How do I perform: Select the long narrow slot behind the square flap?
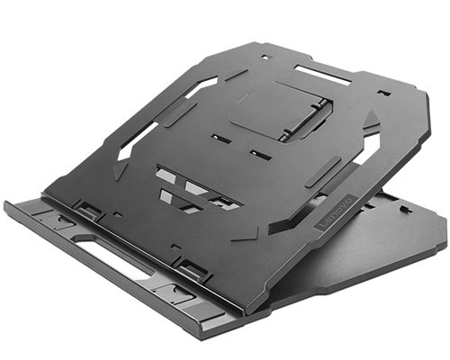tap(321, 71)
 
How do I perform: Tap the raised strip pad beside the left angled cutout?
tap(180, 112)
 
